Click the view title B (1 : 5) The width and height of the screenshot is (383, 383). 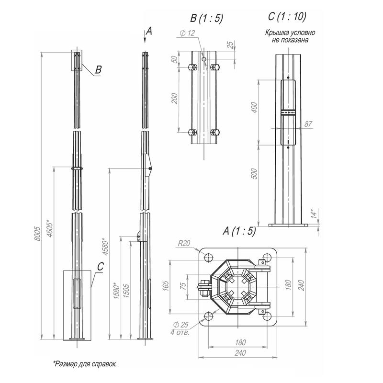206,19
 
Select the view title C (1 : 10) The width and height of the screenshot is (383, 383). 287,16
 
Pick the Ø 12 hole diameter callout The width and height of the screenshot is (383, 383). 188,33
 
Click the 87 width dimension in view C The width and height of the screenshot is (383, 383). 308,124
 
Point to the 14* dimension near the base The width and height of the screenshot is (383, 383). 312,213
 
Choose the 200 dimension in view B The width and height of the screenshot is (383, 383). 174,99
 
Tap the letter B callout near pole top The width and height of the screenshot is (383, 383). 98,70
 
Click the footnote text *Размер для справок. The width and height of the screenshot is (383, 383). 85,364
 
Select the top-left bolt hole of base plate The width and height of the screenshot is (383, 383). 209,258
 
